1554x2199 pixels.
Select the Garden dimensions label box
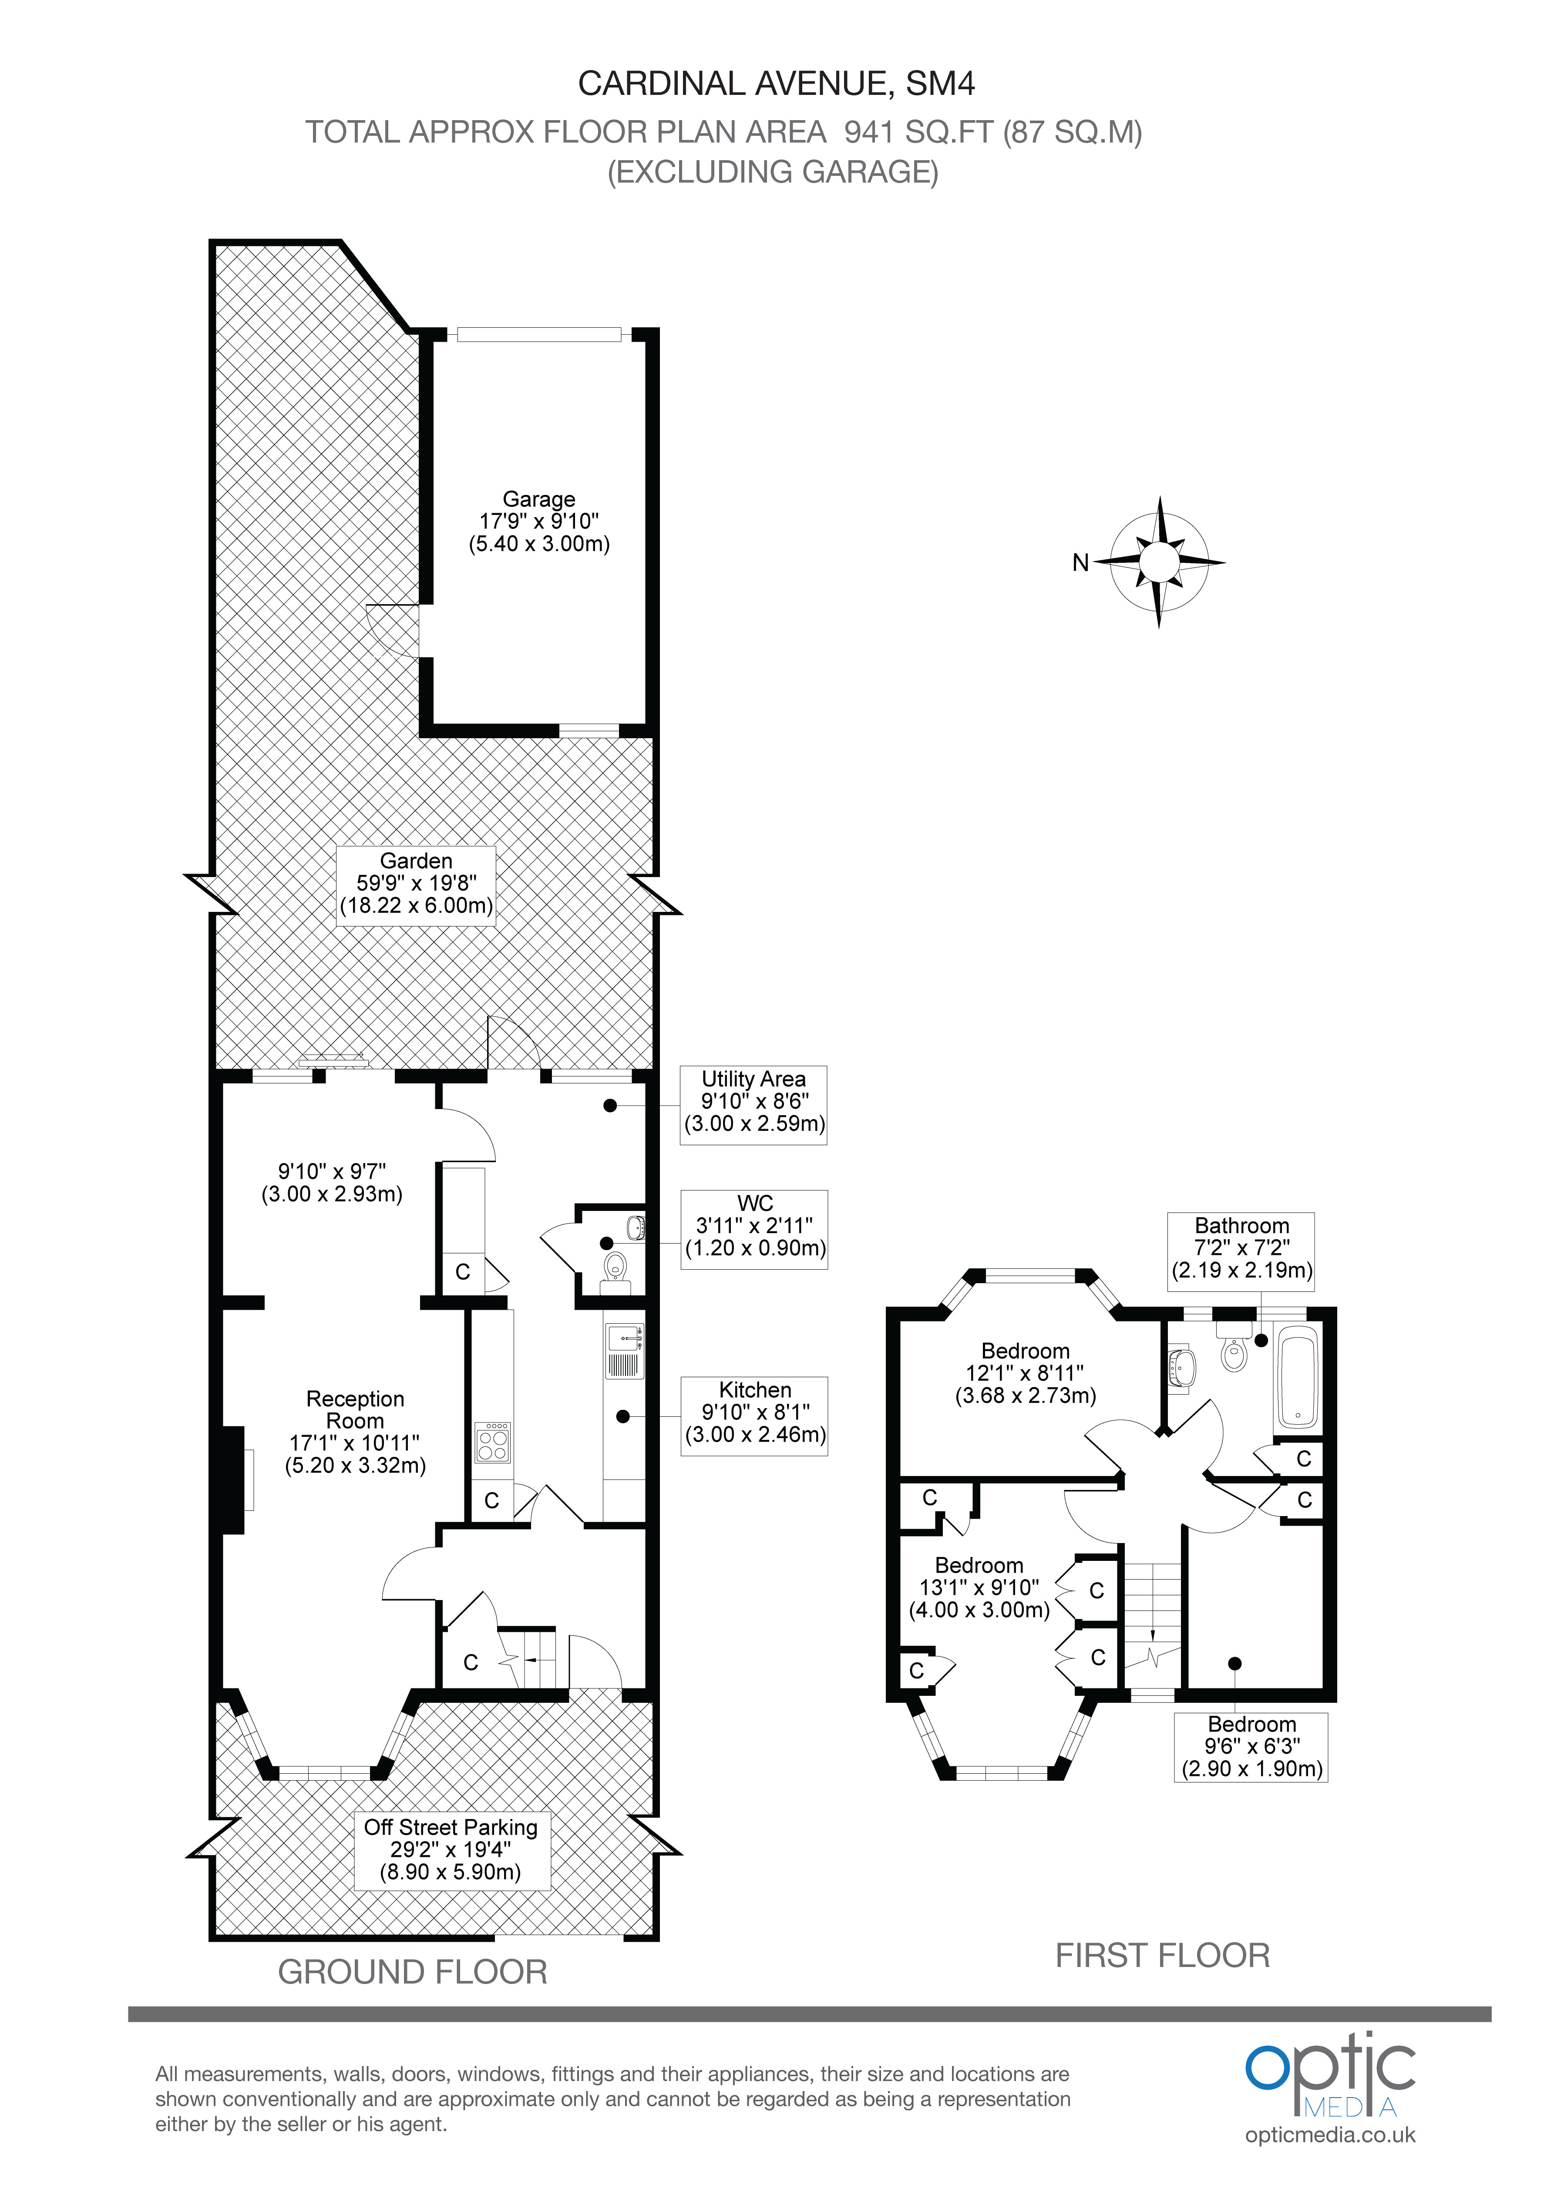click(x=416, y=884)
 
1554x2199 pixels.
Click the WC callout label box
click(x=754, y=1230)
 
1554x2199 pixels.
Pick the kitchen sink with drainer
click(x=625, y=1350)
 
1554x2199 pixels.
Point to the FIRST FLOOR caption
click(x=1162, y=1956)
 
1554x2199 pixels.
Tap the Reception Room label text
click(x=356, y=1410)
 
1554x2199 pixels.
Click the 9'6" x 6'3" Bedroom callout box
click(x=1251, y=1747)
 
